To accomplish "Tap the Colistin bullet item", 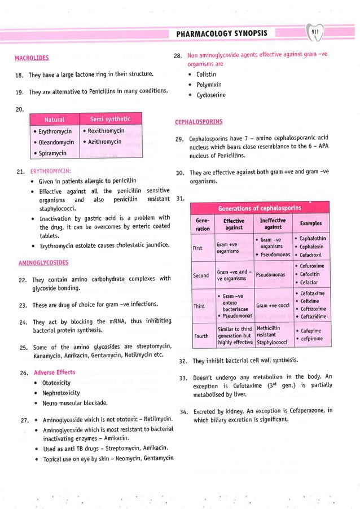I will click(x=208, y=74).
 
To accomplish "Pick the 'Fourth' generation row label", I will click(x=201, y=336).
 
